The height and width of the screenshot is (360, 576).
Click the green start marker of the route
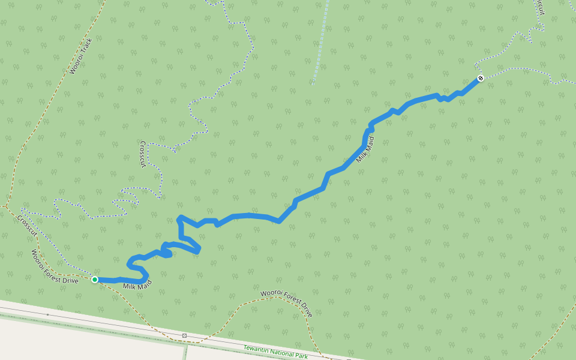[95, 279]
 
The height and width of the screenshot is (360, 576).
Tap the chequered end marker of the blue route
[481, 79]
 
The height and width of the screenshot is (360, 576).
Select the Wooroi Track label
[81, 56]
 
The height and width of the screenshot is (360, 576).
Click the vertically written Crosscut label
[143, 154]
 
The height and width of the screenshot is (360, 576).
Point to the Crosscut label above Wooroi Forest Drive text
[28, 225]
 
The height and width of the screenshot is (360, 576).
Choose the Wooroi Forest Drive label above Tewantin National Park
[287, 304]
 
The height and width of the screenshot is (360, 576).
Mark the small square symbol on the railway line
[184, 335]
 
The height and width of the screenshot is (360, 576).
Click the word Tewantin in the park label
[256, 349]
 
